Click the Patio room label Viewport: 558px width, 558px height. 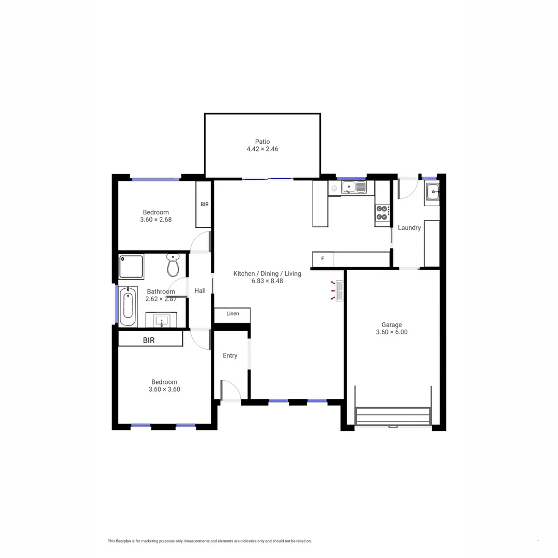262,142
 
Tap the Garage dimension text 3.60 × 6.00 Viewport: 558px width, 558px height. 392,332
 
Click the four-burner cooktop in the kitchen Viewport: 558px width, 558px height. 382,213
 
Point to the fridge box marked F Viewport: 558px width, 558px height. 322,259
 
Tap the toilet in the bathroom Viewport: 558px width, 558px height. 173,265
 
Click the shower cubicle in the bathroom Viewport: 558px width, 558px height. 131,266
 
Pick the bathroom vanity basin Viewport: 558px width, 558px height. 162,320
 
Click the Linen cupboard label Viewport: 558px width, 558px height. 233,314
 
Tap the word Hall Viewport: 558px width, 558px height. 200,291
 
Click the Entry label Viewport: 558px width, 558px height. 230,355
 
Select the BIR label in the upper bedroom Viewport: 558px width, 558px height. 204,205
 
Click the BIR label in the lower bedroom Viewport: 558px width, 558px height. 149,340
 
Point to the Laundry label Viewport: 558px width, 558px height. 409,228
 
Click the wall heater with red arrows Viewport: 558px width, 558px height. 339,291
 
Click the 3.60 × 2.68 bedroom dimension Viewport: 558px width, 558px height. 156,220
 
